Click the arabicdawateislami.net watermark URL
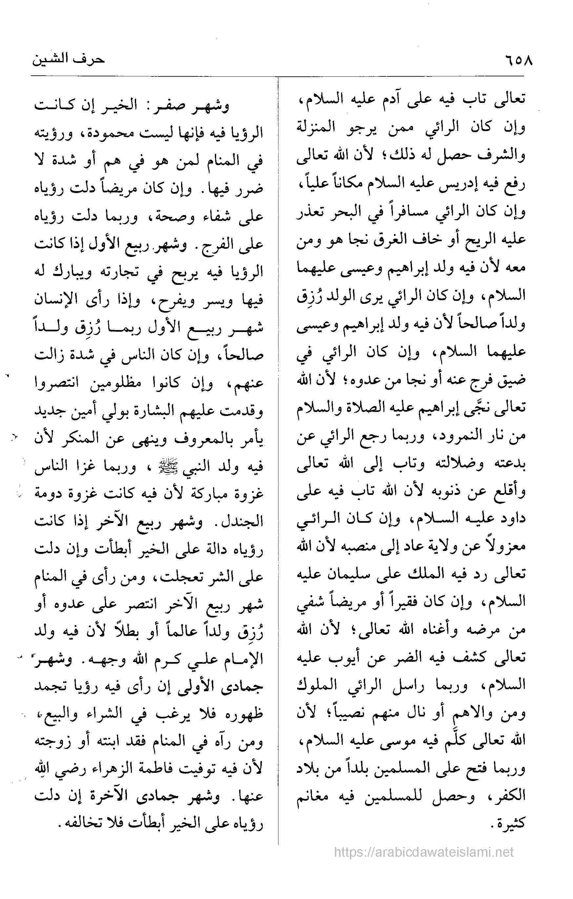tap(424, 849)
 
